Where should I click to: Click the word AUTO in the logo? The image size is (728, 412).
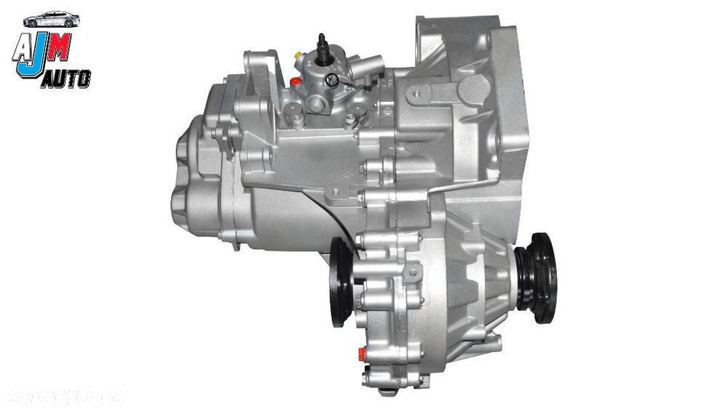67,79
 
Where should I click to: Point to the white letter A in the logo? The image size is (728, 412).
23,47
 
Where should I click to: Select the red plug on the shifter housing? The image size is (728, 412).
293,82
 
